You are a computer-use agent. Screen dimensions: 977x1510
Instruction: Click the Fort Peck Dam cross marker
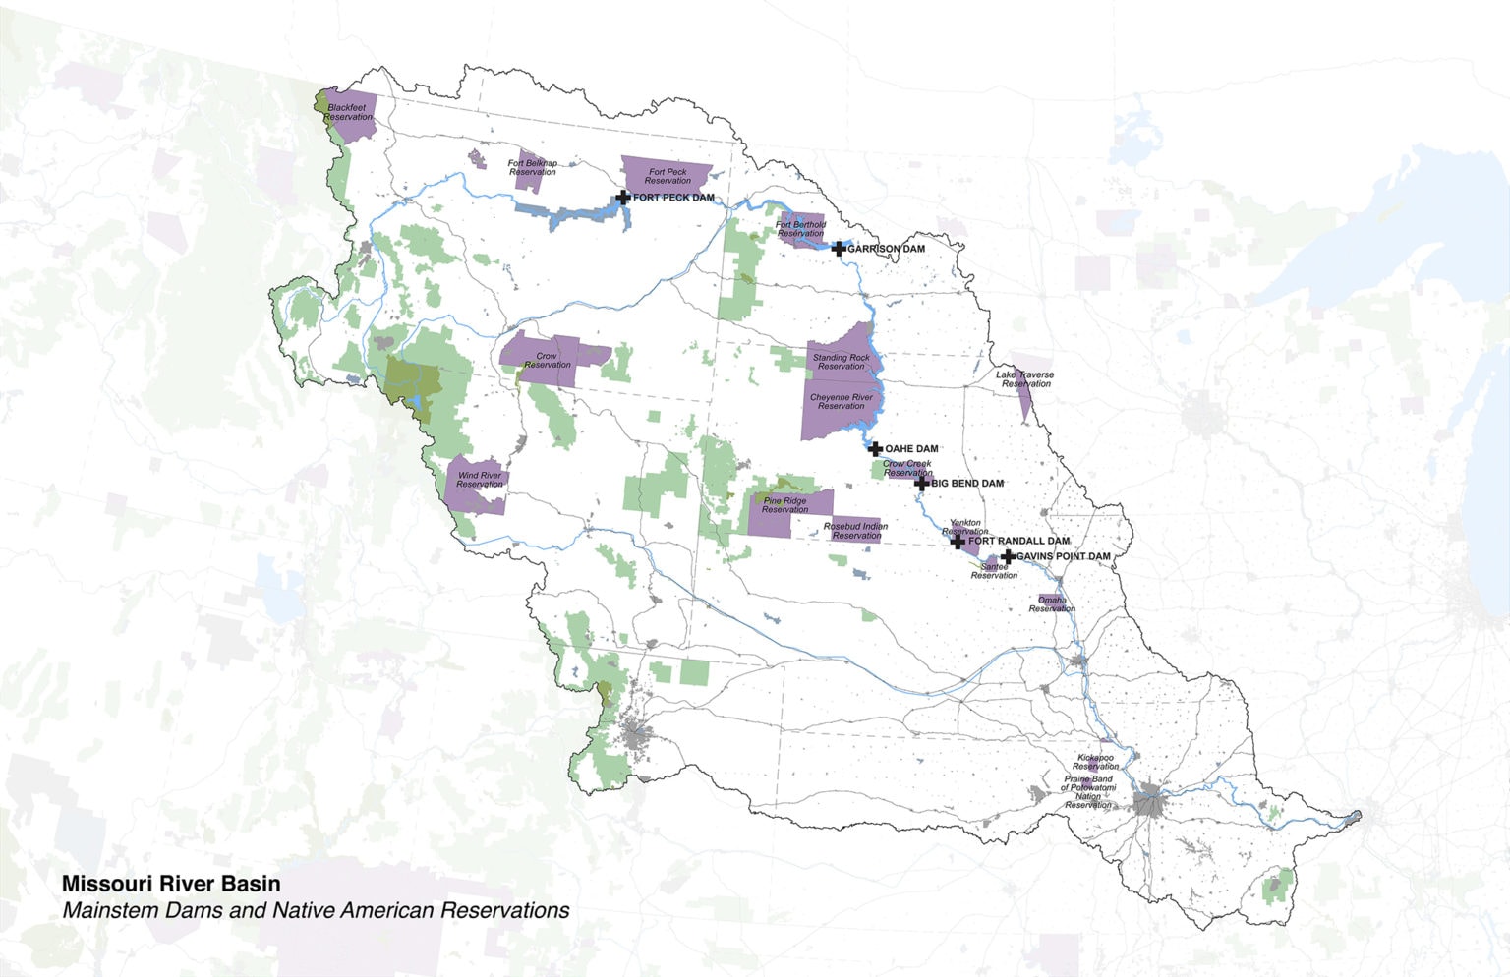point(622,198)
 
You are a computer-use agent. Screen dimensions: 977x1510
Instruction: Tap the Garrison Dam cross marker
point(838,249)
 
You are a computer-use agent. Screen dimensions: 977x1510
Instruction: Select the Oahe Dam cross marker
point(875,449)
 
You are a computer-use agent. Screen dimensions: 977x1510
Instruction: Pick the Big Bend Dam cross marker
point(921,483)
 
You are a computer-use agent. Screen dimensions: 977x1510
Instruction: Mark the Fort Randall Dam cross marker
point(958,542)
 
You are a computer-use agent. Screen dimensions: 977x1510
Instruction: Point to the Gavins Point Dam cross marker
point(1008,557)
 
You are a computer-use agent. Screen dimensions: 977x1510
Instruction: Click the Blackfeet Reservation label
point(348,112)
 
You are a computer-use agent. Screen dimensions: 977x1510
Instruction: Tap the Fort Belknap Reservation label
point(532,168)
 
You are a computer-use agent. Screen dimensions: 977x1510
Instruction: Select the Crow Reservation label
point(547,361)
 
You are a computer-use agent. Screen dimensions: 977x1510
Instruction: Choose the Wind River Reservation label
point(479,480)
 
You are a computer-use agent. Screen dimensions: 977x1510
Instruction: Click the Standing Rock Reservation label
point(841,362)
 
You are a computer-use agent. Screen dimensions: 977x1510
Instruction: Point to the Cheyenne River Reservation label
point(841,402)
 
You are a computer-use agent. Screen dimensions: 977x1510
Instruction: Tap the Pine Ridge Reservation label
point(784,505)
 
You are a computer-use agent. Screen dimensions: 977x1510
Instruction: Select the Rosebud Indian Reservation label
point(855,531)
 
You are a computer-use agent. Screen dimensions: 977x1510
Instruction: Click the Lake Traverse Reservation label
point(1024,379)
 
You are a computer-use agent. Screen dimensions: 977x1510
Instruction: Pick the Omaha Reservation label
point(1052,604)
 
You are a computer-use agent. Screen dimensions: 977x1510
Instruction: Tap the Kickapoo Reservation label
point(1096,762)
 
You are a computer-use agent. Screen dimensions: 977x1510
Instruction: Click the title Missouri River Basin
point(171,885)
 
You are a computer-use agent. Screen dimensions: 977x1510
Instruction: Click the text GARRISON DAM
point(886,249)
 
